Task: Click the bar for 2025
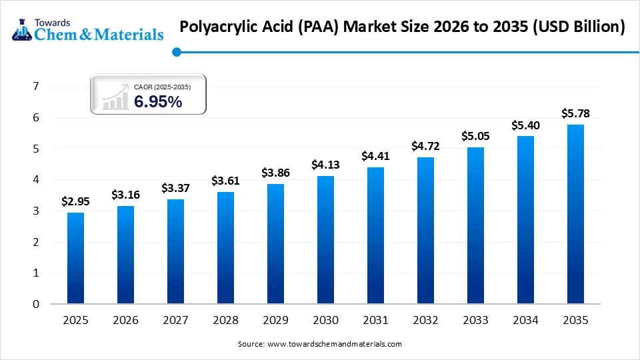pos(76,258)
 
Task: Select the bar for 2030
pos(325,239)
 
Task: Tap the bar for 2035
pos(575,214)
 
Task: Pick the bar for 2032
pos(425,231)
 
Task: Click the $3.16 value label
pos(125,195)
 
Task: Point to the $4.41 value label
pos(375,156)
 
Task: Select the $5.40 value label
pos(525,125)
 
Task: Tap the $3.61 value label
pos(225,181)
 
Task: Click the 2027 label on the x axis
pos(175,321)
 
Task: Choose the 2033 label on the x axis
pos(475,321)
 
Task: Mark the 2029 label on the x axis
pos(275,321)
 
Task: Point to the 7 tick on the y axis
pos(36,87)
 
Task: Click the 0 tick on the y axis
pos(36,304)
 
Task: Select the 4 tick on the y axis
pos(36,180)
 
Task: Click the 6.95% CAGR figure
pos(158,102)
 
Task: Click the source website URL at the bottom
pos(334,344)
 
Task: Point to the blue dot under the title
pos(176,51)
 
